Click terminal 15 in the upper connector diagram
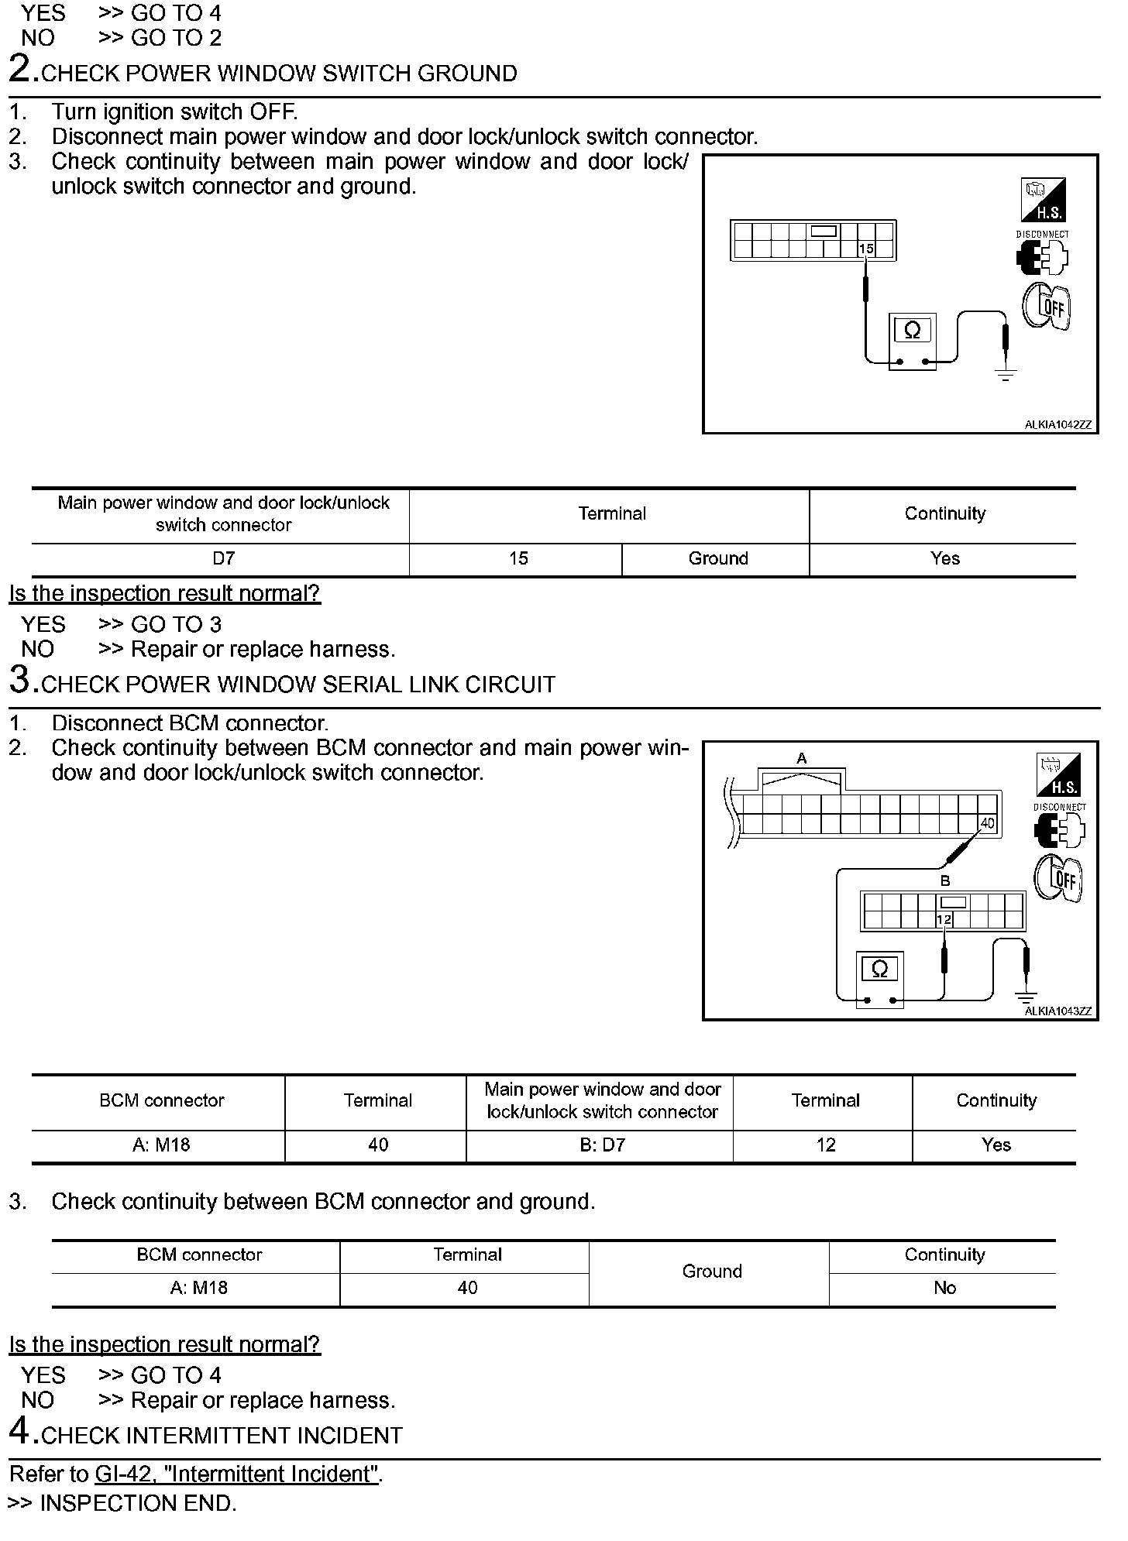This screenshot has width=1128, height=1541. point(865,249)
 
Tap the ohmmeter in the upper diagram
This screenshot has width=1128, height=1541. point(913,341)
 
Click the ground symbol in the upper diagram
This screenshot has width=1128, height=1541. point(1006,376)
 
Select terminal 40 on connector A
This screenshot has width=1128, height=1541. point(987,823)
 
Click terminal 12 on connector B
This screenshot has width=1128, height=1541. point(944,920)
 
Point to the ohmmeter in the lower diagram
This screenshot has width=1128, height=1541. point(879,980)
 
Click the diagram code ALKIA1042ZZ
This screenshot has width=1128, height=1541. point(1057,425)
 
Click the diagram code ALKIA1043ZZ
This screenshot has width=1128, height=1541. point(1057,1011)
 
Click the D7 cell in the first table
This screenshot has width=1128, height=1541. point(223,559)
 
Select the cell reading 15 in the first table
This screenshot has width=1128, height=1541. point(518,559)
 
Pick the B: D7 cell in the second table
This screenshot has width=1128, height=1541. point(602,1145)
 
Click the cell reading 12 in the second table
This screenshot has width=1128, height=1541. point(826,1145)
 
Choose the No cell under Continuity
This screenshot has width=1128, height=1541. point(944,1288)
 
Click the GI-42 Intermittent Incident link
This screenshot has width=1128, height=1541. point(237,1474)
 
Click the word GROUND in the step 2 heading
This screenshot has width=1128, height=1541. point(467,74)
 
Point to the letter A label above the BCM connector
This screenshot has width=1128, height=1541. point(802,759)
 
